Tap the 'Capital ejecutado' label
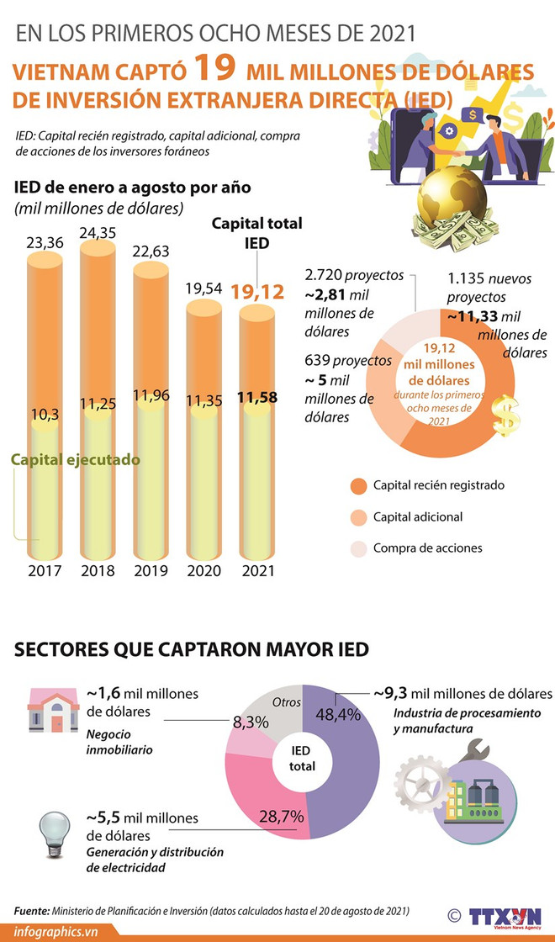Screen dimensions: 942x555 [x=75, y=460]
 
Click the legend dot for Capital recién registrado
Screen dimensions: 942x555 [x=358, y=485]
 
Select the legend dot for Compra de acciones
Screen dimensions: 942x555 [x=358, y=548]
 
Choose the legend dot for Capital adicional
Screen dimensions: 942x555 [x=358, y=517]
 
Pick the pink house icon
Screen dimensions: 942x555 [x=53, y=710]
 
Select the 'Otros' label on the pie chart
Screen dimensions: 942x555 [x=286, y=701]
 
